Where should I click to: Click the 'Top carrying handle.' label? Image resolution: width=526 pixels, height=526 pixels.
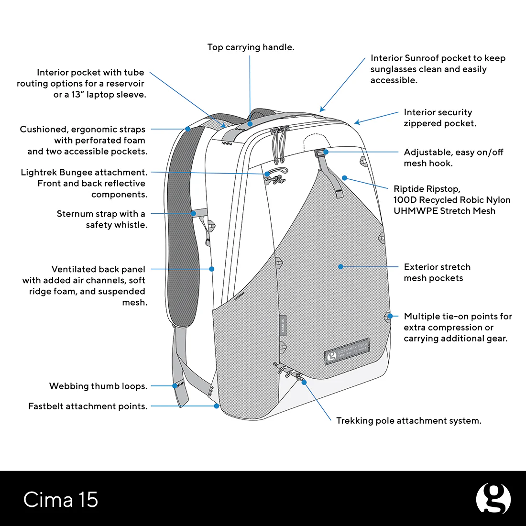(x=251, y=47)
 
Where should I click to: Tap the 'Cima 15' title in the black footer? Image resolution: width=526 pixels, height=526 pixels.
(x=61, y=500)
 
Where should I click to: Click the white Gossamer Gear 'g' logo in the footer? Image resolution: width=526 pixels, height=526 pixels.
(x=493, y=499)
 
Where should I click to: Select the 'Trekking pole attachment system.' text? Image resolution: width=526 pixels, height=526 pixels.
(x=408, y=421)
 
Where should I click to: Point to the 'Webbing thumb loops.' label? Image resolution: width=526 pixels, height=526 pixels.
(x=98, y=386)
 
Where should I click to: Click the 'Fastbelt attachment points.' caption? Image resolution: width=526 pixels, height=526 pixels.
(x=88, y=406)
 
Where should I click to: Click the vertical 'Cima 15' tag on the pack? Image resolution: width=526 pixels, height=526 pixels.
(x=283, y=325)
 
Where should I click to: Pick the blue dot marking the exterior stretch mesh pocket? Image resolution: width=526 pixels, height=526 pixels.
(x=340, y=267)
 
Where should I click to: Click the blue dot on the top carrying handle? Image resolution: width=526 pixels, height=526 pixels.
(x=250, y=124)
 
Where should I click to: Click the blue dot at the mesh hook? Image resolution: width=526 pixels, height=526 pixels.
(x=326, y=152)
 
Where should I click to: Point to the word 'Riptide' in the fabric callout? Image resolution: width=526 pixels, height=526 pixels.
(x=409, y=189)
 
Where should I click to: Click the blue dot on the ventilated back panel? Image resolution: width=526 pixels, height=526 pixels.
(x=212, y=269)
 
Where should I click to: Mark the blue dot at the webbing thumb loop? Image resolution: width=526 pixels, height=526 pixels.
(x=175, y=385)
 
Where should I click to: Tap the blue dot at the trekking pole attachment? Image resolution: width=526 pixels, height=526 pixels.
(x=304, y=382)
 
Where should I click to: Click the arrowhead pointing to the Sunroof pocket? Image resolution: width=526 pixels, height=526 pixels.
(x=322, y=110)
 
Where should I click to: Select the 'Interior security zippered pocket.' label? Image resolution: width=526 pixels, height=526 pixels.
(x=439, y=118)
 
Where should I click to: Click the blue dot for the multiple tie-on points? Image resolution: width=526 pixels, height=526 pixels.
(x=390, y=316)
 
